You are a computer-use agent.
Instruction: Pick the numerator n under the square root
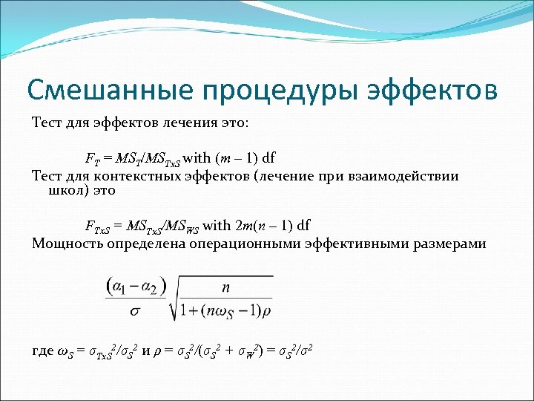[225, 286]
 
